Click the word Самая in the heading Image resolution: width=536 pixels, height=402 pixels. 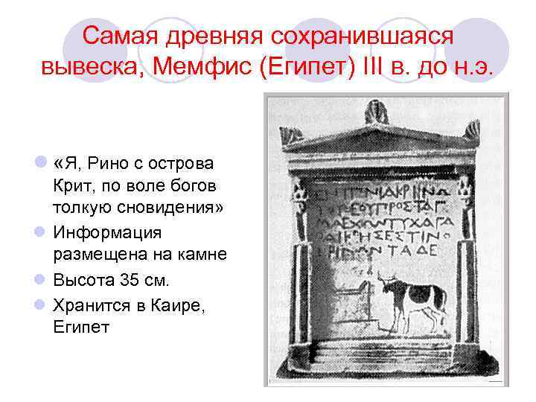[x=120, y=35]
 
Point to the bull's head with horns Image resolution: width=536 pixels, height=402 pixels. [x=386, y=284]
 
